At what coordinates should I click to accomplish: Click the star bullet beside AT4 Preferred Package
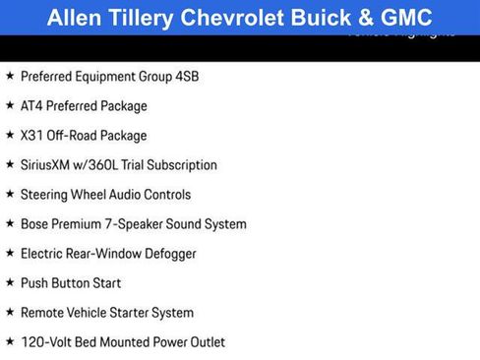click(x=10, y=105)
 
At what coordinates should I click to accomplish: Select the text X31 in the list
click(x=32, y=135)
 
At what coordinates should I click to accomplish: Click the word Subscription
click(x=182, y=164)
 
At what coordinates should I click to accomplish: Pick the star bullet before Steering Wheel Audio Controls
click(x=10, y=194)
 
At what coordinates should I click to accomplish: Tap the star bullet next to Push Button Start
click(x=10, y=282)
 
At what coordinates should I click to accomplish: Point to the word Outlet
click(x=206, y=341)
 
